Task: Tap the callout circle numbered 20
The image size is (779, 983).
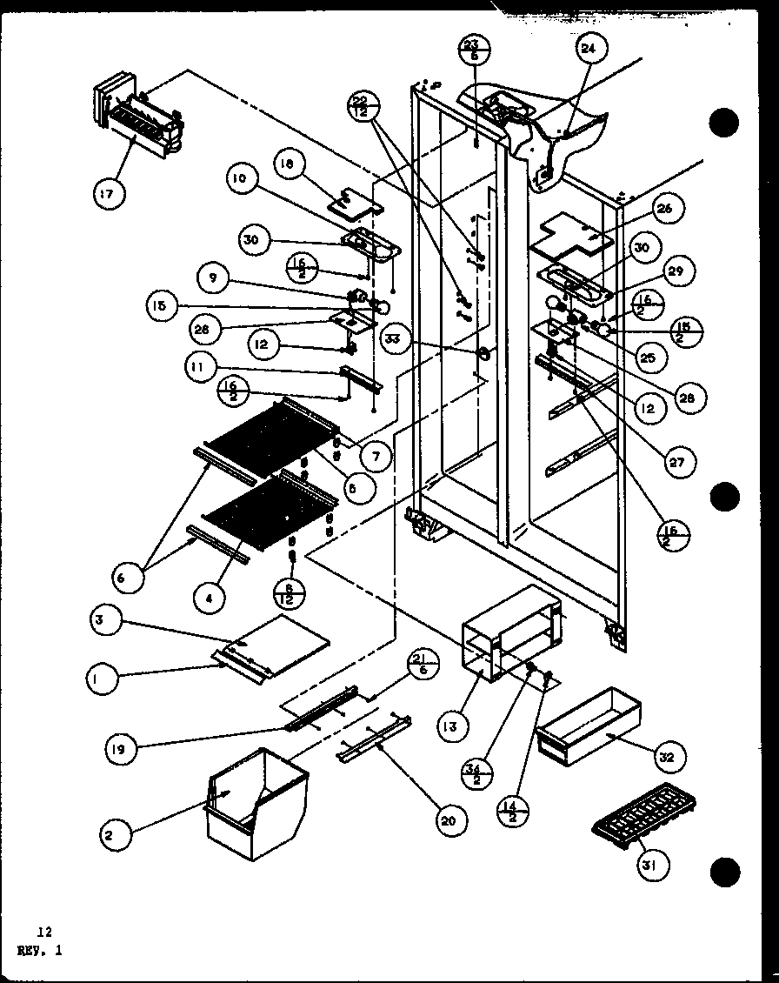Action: (453, 819)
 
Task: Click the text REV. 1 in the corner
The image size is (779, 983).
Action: (37, 951)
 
